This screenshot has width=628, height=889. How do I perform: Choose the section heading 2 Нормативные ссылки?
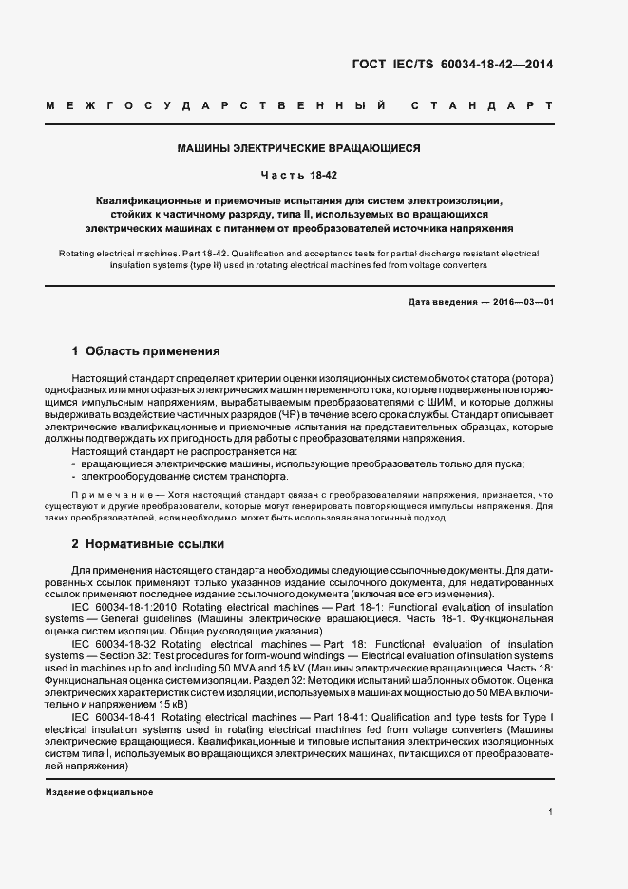click(x=148, y=544)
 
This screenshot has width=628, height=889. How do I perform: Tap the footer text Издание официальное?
click(x=100, y=791)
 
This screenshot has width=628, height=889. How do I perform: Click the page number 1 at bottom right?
click(x=551, y=812)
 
